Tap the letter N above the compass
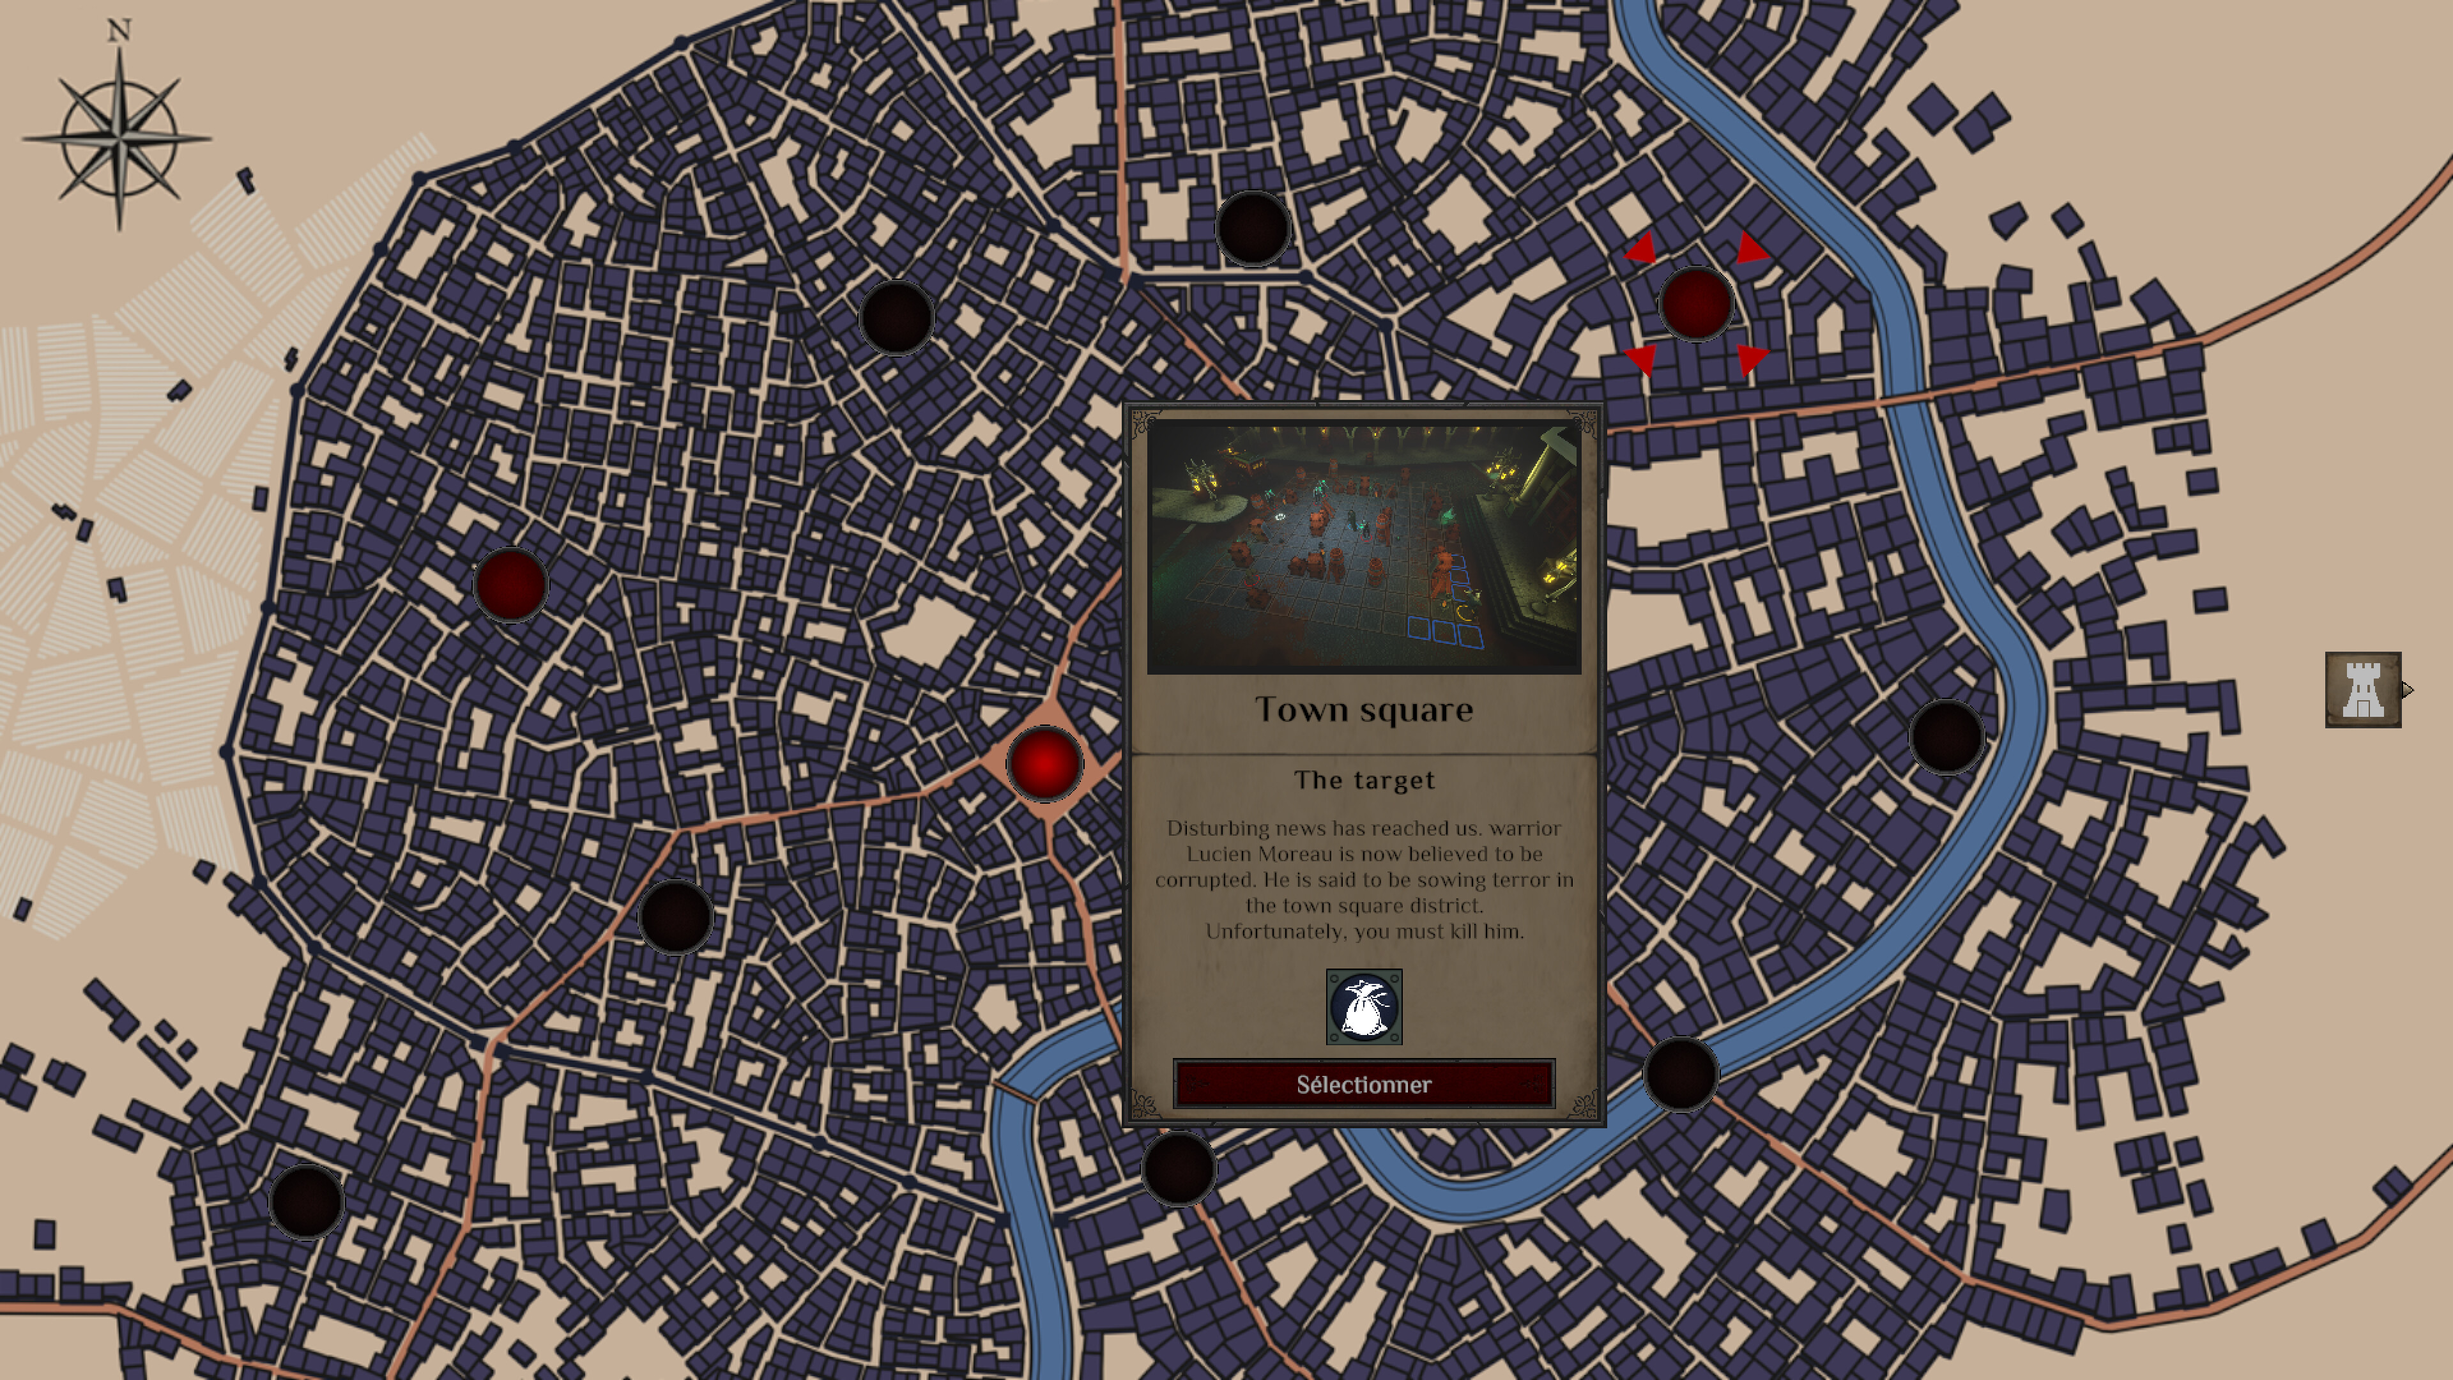tap(119, 31)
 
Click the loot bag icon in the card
tap(1364, 1007)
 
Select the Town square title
tap(1364, 710)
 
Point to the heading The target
tap(1364, 780)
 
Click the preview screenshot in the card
tap(1364, 549)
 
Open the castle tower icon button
tap(2362, 689)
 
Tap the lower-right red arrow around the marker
tap(1750, 358)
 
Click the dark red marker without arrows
tap(510, 585)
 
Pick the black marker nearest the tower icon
tap(1946, 736)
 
